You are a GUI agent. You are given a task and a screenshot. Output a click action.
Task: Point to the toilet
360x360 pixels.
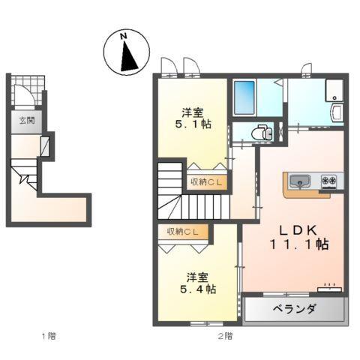pos(262,133)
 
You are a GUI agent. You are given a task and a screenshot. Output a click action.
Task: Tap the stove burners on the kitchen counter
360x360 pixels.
pos(329,181)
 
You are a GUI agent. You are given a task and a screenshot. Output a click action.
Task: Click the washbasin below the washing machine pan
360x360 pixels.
pos(336,112)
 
